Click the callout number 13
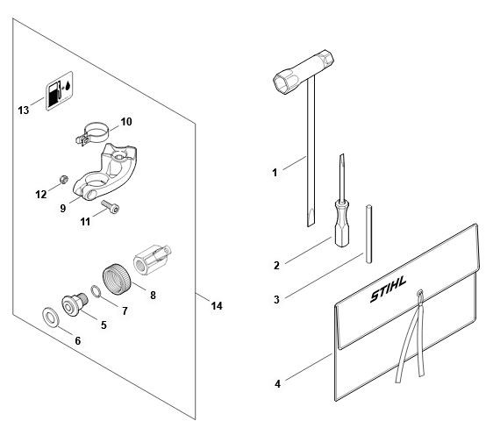pyautogui.click(x=23, y=110)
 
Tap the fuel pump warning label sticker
pyautogui.click(x=60, y=90)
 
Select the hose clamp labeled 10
pyautogui.click(x=93, y=133)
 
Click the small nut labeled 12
pyautogui.click(x=64, y=179)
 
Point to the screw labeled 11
pyautogui.click(x=111, y=206)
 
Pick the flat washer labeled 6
pyautogui.click(x=50, y=317)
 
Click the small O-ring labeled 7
pyautogui.click(x=96, y=292)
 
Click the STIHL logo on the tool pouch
pyautogui.click(x=388, y=289)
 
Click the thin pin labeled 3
pyautogui.click(x=368, y=234)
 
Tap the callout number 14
pyautogui.click(x=217, y=306)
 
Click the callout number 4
pyautogui.click(x=277, y=384)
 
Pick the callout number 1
pyautogui.click(x=275, y=173)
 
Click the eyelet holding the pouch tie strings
pyautogui.click(x=420, y=293)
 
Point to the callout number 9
pyautogui.click(x=63, y=208)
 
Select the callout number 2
pyautogui.click(x=276, y=266)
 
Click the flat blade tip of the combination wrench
pyautogui.click(x=311, y=218)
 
